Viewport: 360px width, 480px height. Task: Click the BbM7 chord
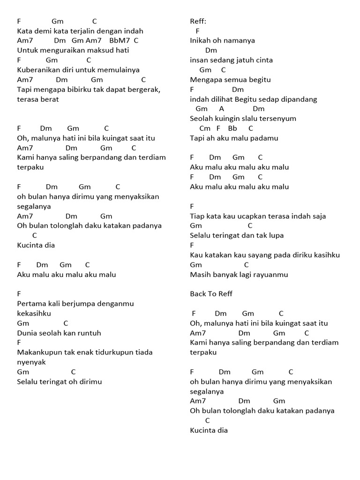pyautogui.click(x=119, y=41)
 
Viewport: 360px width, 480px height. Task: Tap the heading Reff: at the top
pyautogui.click(x=198, y=21)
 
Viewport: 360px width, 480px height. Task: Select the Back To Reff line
pyautogui.click(x=211, y=294)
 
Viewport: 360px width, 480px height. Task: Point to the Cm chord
pyautogui.click(x=205, y=128)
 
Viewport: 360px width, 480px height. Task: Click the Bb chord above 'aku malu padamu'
pyautogui.click(x=232, y=128)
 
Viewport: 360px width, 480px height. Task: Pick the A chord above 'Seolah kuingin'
pyautogui.click(x=222, y=109)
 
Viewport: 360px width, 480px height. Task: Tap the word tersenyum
pyautogui.click(x=279, y=119)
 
